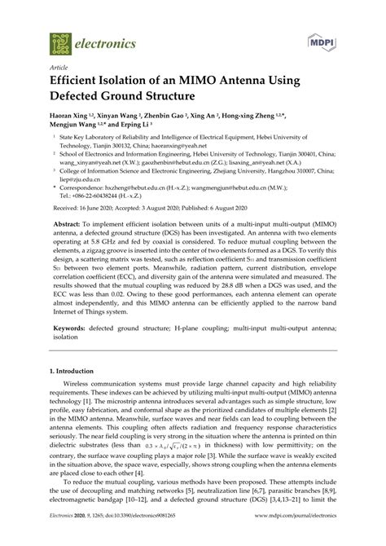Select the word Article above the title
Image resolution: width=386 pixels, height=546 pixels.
(59, 70)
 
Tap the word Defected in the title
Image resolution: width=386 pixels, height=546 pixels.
(83, 101)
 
